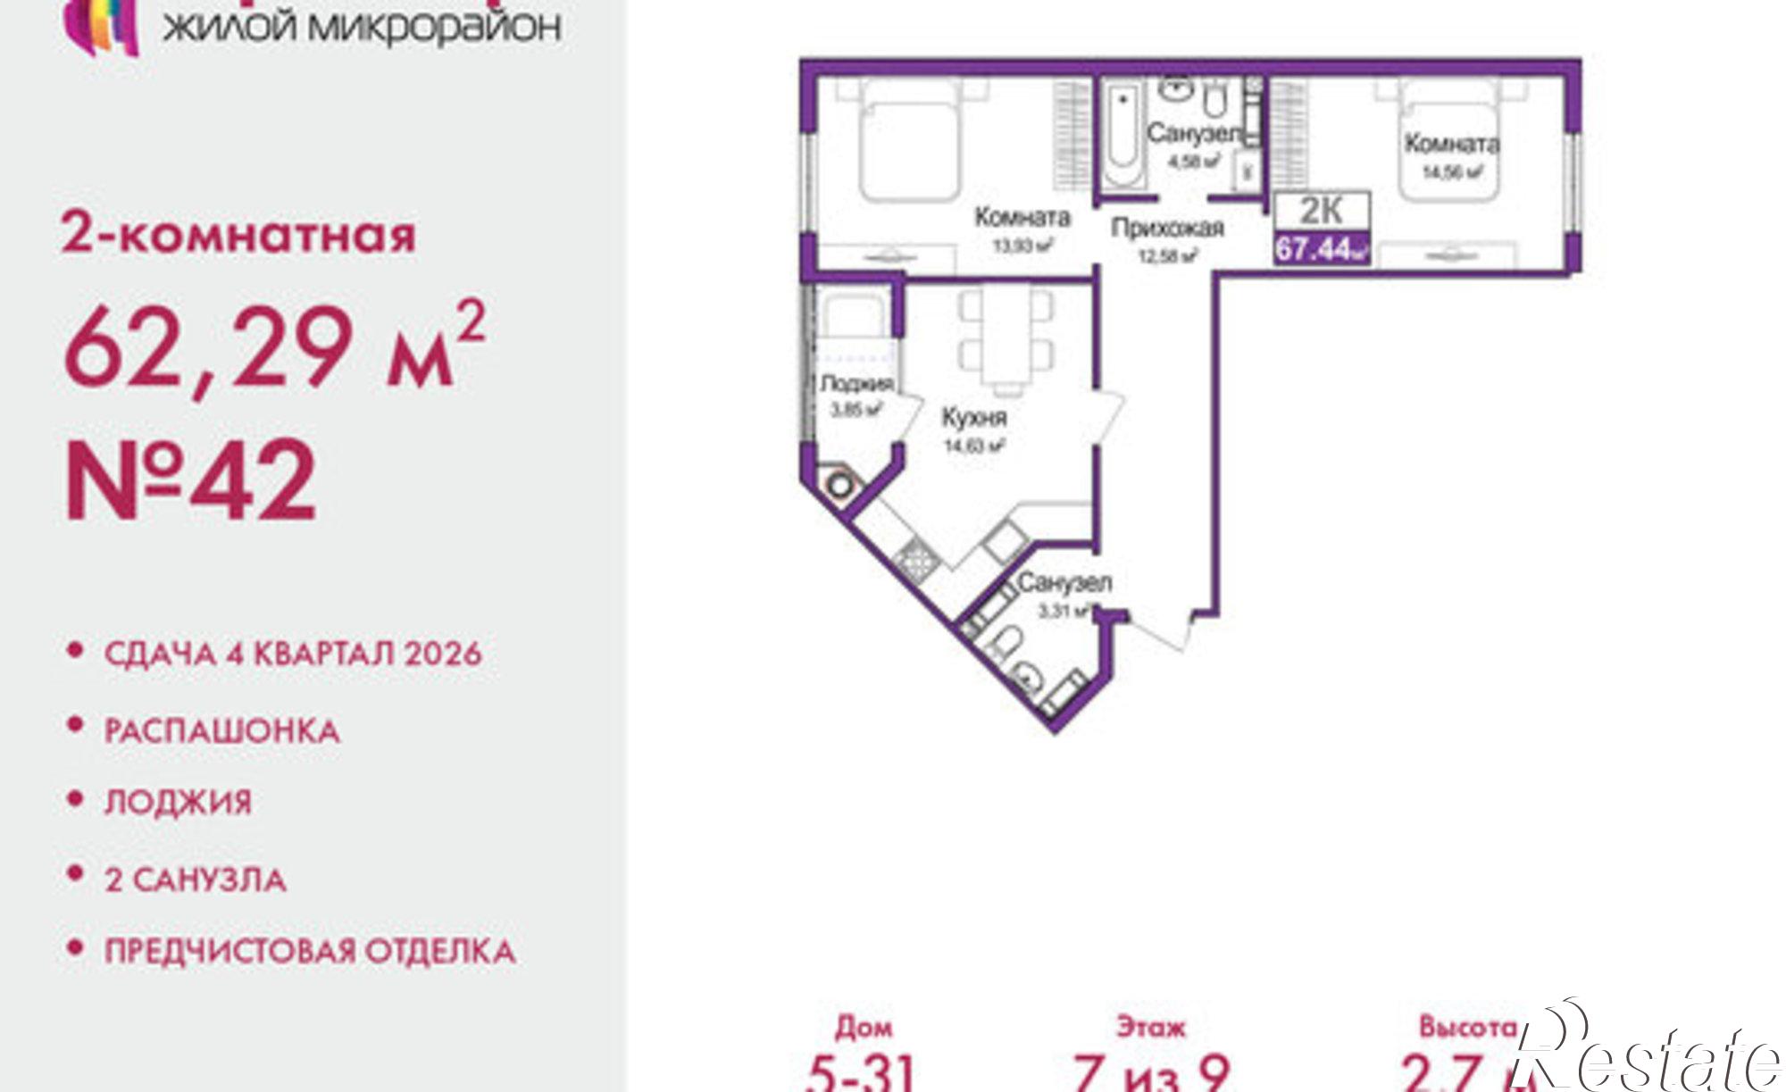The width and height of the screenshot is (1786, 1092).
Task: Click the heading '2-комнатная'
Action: pyautogui.click(x=238, y=235)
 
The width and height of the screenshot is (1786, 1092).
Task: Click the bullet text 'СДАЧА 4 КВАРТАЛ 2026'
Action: pyautogui.click(x=293, y=654)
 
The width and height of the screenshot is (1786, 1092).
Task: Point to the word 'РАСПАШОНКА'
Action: pyautogui.click(x=222, y=732)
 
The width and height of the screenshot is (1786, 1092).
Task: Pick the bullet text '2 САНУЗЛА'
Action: pyautogui.click(x=196, y=880)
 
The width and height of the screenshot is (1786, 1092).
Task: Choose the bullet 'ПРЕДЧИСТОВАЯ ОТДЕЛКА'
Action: pyautogui.click(x=310, y=951)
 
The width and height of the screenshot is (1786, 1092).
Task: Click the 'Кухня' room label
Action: pyautogui.click(x=974, y=418)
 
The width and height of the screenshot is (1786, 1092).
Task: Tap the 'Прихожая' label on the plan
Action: pyautogui.click(x=1166, y=229)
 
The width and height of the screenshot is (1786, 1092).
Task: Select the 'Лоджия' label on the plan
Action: pyautogui.click(x=856, y=384)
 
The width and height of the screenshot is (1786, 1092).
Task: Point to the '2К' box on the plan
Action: pyautogui.click(x=1322, y=212)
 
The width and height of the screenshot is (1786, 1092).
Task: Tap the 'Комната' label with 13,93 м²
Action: pyautogui.click(x=1022, y=217)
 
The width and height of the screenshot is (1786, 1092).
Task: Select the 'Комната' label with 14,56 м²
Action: pyautogui.click(x=1451, y=144)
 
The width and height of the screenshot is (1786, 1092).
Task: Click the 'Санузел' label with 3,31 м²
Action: pyautogui.click(x=1064, y=584)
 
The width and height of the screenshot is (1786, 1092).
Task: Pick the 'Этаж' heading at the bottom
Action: pyautogui.click(x=1151, y=1028)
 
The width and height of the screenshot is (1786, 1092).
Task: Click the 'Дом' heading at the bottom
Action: pyautogui.click(x=864, y=1028)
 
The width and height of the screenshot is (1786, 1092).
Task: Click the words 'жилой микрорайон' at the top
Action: pyautogui.click(x=362, y=27)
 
